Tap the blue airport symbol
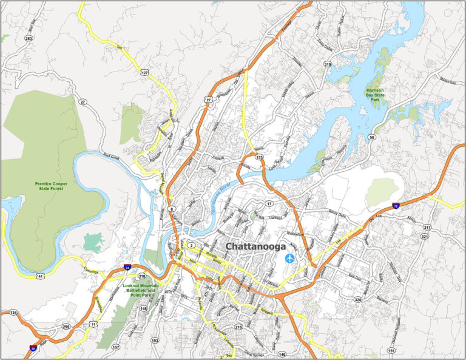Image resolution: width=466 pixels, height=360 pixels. coord(290,259)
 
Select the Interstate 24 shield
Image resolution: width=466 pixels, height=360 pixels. coord(127,267)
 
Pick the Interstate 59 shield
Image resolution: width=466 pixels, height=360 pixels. coord(33,348)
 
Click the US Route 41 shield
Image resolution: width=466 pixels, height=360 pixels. coord(39,276)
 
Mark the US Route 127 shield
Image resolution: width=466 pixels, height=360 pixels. coord(144,72)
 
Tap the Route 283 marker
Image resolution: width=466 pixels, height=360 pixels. coord(29,38)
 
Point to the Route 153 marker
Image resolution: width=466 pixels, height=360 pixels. coord(259,158)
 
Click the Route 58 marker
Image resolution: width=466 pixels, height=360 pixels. coord(371,138)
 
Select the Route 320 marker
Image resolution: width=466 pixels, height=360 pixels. coord(358,300)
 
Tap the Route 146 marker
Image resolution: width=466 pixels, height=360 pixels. coord(282,353)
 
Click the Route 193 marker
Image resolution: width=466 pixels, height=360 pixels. coord(155,341)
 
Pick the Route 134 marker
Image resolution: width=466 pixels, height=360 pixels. coord(13,313)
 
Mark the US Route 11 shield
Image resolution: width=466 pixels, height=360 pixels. coord(93,325)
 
